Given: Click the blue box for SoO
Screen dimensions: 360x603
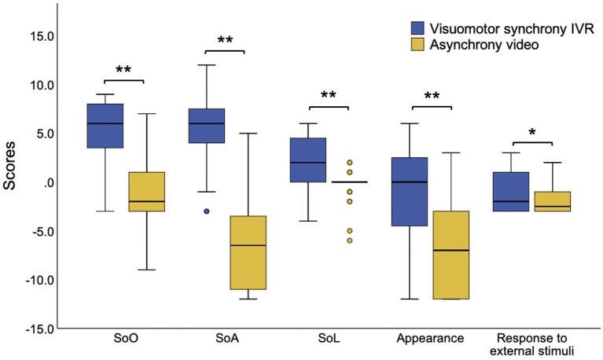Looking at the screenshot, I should pyautogui.click(x=105, y=126).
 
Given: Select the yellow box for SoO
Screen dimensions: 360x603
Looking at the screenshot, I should pyautogui.click(x=145, y=191).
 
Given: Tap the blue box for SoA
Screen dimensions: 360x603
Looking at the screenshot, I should pyautogui.click(x=206, y=126).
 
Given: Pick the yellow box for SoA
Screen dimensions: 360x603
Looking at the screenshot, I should pyautogui.click(x=247, y=252).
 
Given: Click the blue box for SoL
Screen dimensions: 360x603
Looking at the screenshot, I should pyautogui.click(x=307, y=160).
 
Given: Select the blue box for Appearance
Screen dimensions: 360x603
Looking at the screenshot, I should pyautogui.click(x=409, y=192).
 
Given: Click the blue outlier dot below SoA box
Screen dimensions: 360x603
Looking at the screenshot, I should pyautogui.click(x=206, y=211).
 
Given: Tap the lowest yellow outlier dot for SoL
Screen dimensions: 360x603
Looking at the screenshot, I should pyautogui.click(x=348, y=241).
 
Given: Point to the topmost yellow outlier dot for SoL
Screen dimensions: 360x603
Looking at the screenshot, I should pyautogui.click(x=348, y=163).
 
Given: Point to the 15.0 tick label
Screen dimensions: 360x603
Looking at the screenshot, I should pyautogui.click(x=39, y=35).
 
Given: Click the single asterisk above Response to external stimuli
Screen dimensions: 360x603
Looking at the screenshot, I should pyautogui.click(x=531, y=133).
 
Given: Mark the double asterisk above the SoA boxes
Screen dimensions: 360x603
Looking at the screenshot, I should pyautogui.click(x=225, y=40).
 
